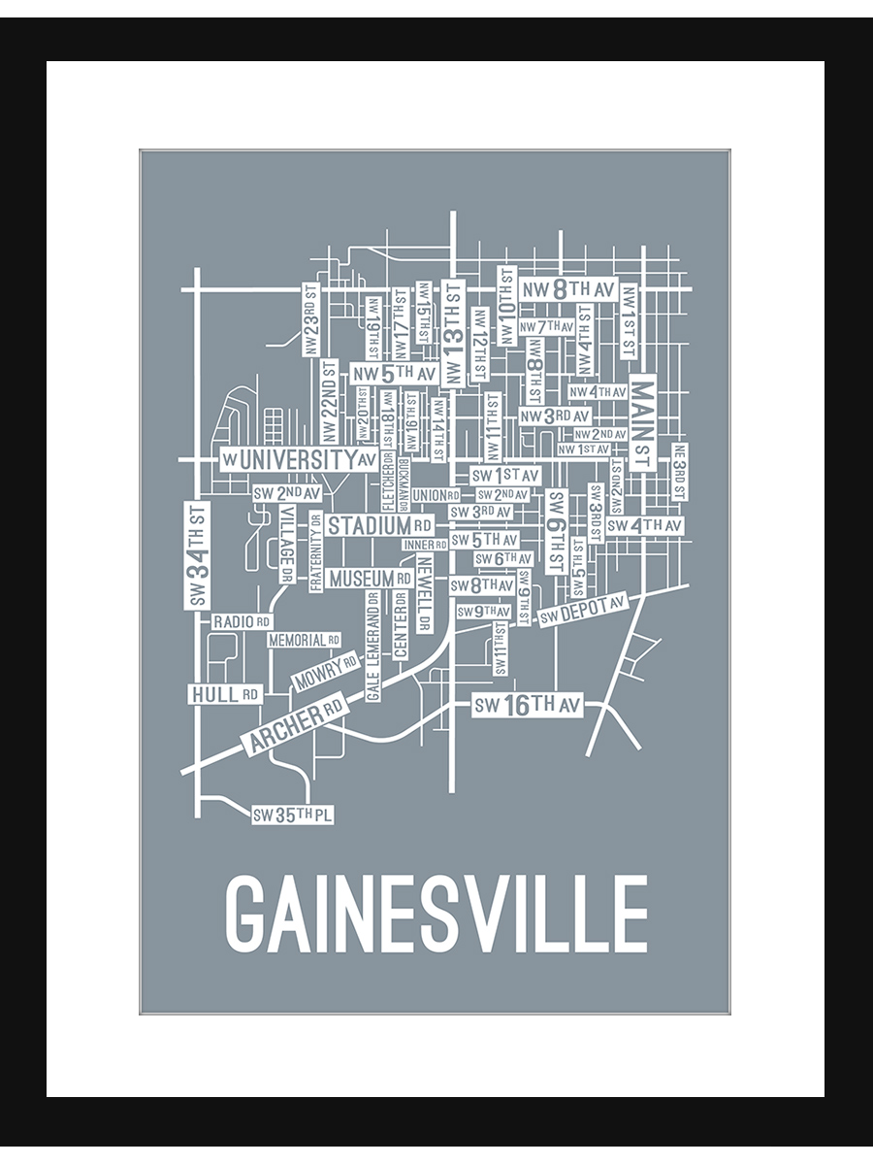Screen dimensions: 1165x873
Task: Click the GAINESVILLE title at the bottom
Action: [436, 915]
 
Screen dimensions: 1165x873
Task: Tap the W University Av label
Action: [299, 459]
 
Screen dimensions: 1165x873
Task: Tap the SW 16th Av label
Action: [527, 706]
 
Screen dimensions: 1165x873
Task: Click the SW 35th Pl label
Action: [292, 815]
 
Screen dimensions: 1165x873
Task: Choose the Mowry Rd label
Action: [325, 671]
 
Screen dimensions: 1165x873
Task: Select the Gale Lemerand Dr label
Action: [373, 646]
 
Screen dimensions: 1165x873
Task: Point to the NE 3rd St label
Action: [679, 472]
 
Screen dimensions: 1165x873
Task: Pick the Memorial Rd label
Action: [304, 641]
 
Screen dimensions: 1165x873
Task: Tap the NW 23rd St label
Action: [310, 320]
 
